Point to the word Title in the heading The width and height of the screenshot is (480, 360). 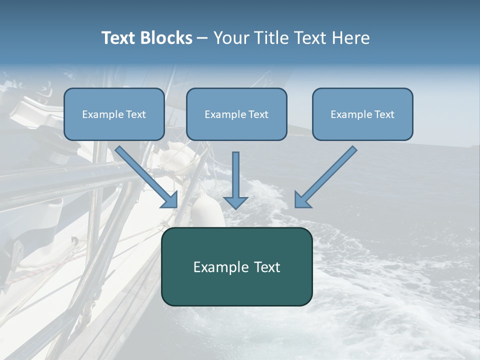tap(272, 38)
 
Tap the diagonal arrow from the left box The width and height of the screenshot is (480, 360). tap(146, 177)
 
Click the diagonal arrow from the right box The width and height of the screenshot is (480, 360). tap(326, 177)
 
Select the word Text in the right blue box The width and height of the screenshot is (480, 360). tap(384, 114)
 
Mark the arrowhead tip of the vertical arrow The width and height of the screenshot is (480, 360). tap(235, 208)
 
